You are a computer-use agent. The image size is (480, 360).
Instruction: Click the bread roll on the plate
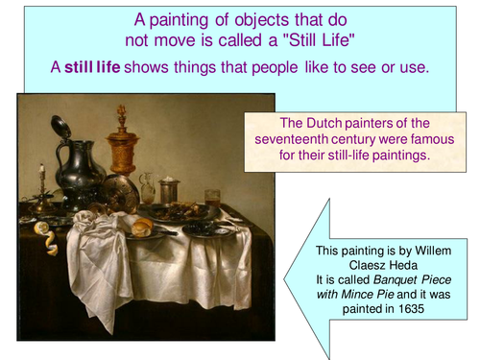point(142,228)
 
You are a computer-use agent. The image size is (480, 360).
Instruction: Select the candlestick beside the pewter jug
point(42,187)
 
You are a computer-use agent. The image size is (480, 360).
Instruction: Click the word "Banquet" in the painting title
point(397,280)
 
